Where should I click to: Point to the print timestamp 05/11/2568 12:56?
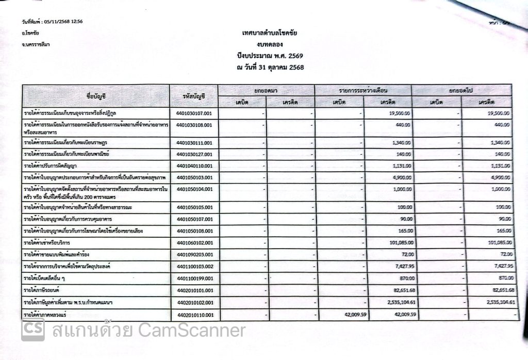point(63,22)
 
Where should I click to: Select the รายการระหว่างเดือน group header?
point(363,90)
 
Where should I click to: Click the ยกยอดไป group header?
point(461,90)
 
